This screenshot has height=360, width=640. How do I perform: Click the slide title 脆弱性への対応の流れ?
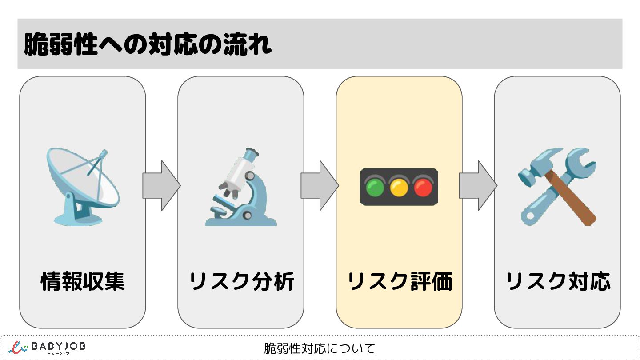[148, 44]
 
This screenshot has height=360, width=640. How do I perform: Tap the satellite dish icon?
[83, 187]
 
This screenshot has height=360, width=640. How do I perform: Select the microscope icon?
[241, 187]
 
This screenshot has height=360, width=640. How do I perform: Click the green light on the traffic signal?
[375, 188]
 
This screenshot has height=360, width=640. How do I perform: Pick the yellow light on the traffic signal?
[399, 188]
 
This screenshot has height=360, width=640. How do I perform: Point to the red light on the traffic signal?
[423, 188]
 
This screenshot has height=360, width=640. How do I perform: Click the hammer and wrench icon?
[557, 187]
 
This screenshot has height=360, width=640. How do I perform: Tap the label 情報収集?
[83, 281]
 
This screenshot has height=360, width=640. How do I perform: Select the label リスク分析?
[241, 281]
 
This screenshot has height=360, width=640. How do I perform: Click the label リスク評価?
[400, 281]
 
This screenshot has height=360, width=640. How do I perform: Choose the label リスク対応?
[558, 281]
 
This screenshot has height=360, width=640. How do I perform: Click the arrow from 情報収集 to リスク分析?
[161, 186]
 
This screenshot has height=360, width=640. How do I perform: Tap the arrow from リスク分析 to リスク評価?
[320, 186]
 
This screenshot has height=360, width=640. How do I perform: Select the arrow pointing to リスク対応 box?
[478, 186]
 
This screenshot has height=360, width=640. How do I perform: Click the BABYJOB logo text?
[58, 346]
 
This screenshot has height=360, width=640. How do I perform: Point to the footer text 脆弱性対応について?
[320, 348]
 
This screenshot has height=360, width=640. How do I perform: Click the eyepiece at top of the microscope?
[251, 154]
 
